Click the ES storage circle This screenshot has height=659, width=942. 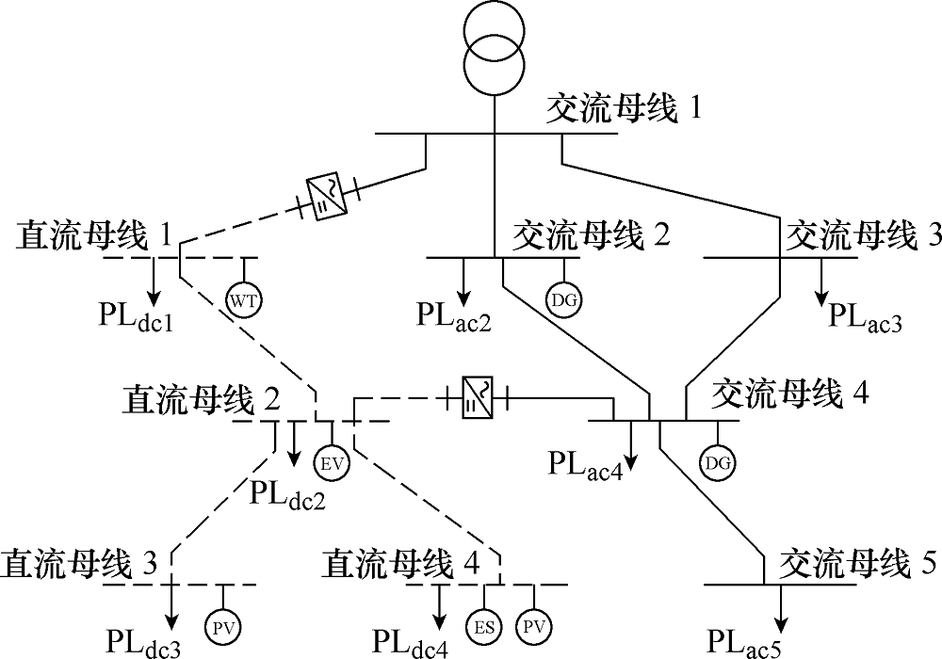click(x=484, y=628)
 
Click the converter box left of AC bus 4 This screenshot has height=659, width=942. click(x=478, y=397)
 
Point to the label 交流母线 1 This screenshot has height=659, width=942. click(x=623, y=109)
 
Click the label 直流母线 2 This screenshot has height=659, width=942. click(x=202, y=400)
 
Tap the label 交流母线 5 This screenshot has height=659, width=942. click(x=857, y=565)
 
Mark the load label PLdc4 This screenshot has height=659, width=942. click(x=411, y=642)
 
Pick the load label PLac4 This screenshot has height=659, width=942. click(x=585, y=465)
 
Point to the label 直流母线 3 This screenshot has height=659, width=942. click(x=79, y=565)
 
